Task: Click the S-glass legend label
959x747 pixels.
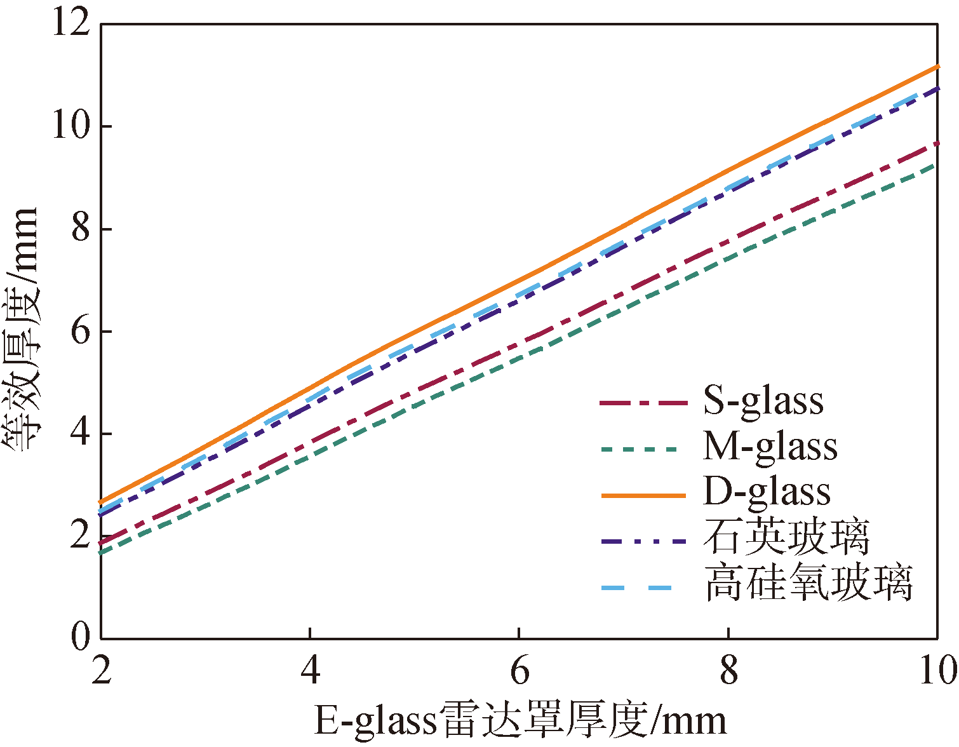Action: click(x=763, y=401)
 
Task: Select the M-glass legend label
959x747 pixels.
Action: click(x=770, y=447)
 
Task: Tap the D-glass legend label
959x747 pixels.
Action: click(x=767, y=492)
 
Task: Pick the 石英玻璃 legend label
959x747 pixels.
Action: click(x=786, y=537)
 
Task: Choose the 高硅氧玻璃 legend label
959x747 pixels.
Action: click(x=808, y=583)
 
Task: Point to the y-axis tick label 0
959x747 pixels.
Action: click(x=81, y=637)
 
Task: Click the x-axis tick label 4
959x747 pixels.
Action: click(x=310, y=671)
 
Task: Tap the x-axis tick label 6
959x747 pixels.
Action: click(x=520, y=671)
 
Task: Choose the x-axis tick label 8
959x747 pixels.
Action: click(x=728, y=671)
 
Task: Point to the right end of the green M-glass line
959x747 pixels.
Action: click(x=936, y=165)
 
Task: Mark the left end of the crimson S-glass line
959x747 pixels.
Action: click(x=102, y=544)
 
